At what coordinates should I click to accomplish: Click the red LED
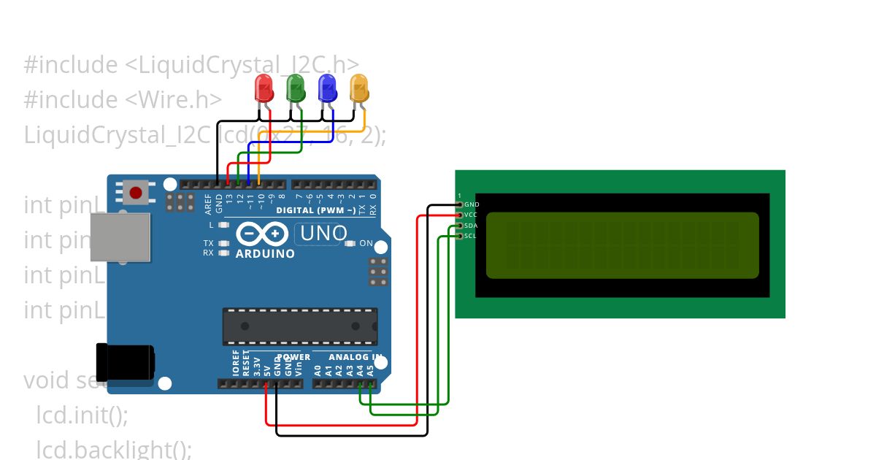tap(264, 89)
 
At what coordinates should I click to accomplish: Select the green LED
tap(296, 89)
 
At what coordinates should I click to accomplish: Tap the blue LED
tap(327, 89)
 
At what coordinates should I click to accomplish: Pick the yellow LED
tap(359, 89)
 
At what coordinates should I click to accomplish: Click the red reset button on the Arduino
tap(135, 193)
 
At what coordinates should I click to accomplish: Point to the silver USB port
tap(120, 237)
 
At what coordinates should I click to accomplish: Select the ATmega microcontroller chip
tap(300, 326)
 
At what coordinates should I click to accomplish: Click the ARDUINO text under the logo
tap(265, 254)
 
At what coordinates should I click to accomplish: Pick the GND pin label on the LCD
tap(472, 204)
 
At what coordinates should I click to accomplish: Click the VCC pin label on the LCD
tap(471, 215)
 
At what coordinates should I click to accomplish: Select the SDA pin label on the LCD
tap(471, 226)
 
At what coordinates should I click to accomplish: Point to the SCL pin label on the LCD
tap(471, 236)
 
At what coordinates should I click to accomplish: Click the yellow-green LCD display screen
tap(622, 245)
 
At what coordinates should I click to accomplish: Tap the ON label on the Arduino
tap(366, 243)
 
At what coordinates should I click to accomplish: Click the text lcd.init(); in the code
tap(82, 415)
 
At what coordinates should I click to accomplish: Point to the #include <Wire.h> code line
tap(122, 99)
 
